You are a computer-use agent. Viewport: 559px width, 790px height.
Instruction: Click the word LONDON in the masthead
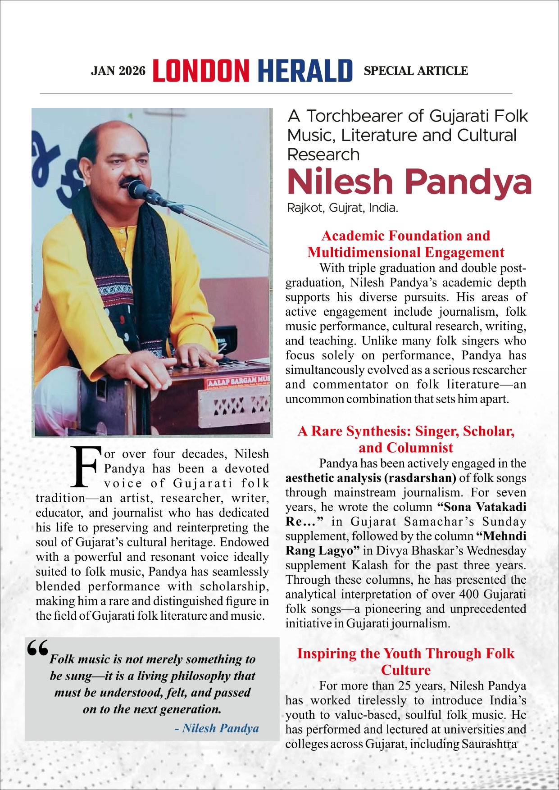click(x=201, y=71)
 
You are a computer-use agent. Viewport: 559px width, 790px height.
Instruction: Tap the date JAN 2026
click(x=118, y=71)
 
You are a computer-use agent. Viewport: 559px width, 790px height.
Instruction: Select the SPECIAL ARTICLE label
click(x=416, y=71)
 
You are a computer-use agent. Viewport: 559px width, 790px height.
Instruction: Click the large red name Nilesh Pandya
click(x=409, y=182)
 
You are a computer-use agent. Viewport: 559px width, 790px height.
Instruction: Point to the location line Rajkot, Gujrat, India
click(x=342, y=208)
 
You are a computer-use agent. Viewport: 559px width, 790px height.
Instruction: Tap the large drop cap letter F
click(x=84, y=468)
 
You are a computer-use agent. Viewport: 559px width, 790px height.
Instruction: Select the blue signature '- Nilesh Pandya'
click(x=217, y=728)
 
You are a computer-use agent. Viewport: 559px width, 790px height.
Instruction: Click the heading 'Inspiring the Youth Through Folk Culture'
click(x=405, y=661)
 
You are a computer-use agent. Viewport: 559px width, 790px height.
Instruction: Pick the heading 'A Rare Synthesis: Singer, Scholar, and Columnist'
click(x=405, y=439)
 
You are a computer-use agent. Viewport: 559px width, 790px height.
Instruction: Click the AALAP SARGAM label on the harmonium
click(x=237, y=382)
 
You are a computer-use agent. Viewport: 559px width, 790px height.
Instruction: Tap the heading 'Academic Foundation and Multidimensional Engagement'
click(x=405, y=244)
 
